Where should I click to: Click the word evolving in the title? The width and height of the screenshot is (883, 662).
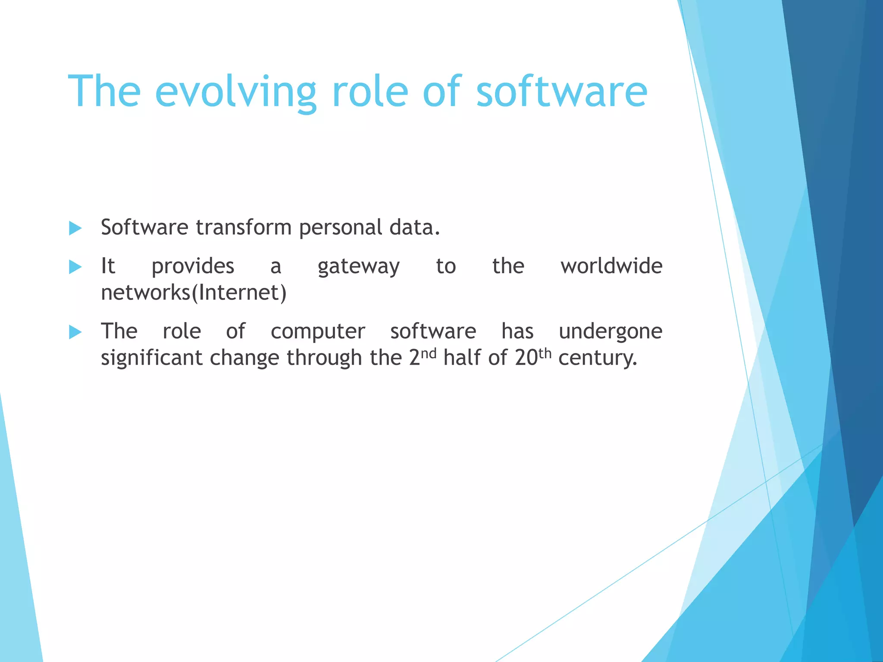pos(235,93)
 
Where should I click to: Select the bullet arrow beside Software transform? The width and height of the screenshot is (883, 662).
pos(75,228)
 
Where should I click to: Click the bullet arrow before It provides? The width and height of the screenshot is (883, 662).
pos(75,267)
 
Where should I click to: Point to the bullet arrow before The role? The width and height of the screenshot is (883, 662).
pos(75,332)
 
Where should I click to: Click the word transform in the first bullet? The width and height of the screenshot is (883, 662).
pos(244,227)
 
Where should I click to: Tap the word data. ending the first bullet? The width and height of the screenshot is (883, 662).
pos(414,227)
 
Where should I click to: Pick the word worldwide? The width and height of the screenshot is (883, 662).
pos(611,266)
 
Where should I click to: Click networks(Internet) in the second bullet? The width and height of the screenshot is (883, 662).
pos(194,293)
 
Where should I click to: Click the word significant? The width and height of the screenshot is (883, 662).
pos(151,358)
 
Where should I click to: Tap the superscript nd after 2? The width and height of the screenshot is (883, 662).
pos(429,353)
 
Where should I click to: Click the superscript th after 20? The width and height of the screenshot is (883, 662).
pos(545,353)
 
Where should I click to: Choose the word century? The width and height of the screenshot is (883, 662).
pos(597,358)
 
